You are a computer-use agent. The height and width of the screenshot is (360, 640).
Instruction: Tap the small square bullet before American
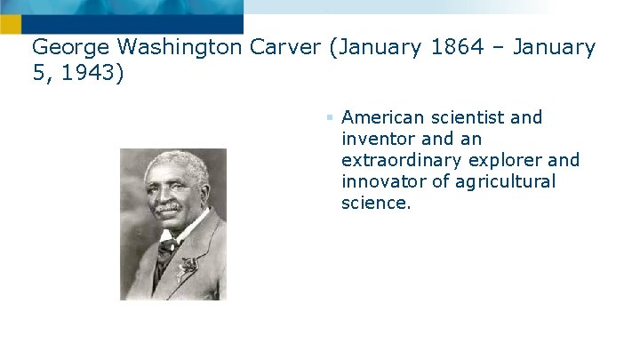pyautogui.click(x=328, y=117)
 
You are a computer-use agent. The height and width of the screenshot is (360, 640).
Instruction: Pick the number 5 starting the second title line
pyautogui.click(x=38, y=72)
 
